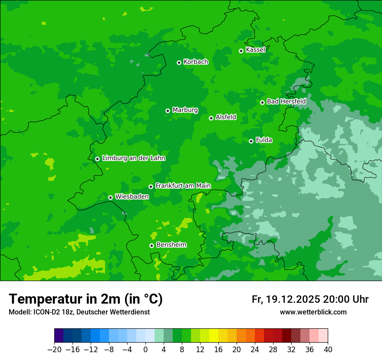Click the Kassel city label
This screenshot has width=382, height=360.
click(x=255, y=50)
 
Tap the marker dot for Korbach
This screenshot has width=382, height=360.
click(x=179, y=62)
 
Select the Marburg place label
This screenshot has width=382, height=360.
click(x=185, y=110)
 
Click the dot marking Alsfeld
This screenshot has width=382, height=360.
click(x=211, y=118)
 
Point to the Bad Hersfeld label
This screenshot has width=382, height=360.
click(x=286, y=101)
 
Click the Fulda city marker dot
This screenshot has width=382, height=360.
click(x=251, y=141)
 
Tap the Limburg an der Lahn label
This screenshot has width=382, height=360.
click(x=133, y=158)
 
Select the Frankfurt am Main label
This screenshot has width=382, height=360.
click(x=183, y=186)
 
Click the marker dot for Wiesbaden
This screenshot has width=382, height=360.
click(x=110, y=197)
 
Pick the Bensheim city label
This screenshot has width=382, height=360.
click(x=171, y=245)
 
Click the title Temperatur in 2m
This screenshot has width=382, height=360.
click(x=86, y=299)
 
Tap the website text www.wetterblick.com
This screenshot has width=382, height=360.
click(x=313, y=312)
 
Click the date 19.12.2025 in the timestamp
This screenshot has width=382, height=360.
click(x=293, y=299)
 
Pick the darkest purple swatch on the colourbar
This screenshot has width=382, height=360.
click(x=59, y=336)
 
